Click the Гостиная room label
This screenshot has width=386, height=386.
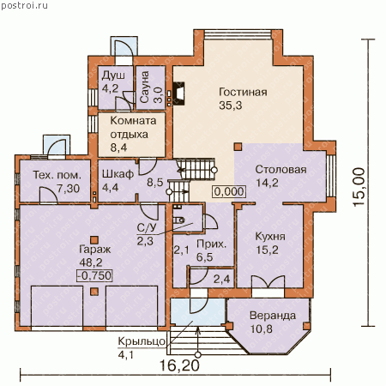(243, 93)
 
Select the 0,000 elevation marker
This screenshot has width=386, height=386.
(229, 191)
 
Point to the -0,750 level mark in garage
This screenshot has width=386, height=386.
(94, 275)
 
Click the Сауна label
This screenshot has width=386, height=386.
(145, 87)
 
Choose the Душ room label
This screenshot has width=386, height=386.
(113, 75)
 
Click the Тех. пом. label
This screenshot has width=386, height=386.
(57, 175)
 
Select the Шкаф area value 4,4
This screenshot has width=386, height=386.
(111, 188)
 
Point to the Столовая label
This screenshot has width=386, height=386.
(280, 170)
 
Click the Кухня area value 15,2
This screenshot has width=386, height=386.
(267, 250)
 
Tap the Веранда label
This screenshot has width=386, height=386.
(273, 316)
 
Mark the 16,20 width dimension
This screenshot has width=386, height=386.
(179, 365)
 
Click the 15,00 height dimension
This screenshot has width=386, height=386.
(359, 187)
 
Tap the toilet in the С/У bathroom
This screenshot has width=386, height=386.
(179, 220)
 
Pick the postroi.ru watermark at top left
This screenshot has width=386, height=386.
(25, 5)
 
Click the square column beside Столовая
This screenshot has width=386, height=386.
(238, 147)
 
